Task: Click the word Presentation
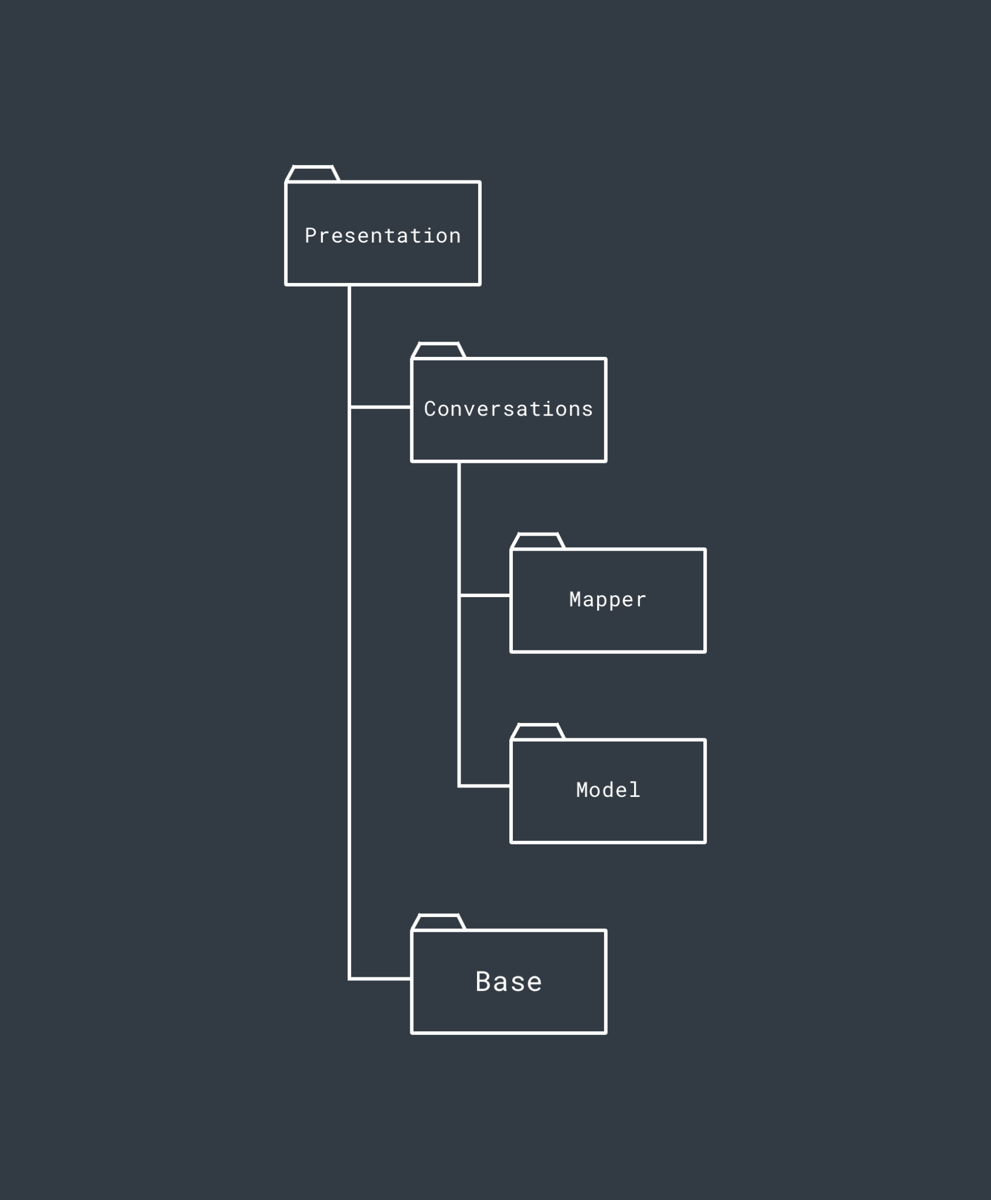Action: click(x=383, y=236)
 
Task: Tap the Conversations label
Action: click(x=508, y=409)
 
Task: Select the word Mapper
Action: click(x=608, y=599)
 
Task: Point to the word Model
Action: click(x=608, y=790)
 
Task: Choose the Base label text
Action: click(x=509, y=982)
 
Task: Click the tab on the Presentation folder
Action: click(x=313, y=174)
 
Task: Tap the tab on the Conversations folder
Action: click(x=439, y=350)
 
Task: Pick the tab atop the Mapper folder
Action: click(x=538, y=541)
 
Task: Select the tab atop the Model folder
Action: click(x=538, y=732)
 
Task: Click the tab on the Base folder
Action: click(x=439, y=922)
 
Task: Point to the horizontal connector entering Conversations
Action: click(x=380, y=407)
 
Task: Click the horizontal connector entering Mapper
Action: click(x=485, y=595)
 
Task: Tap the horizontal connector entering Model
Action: click(x=485, y=786)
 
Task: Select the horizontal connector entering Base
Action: click(x=380, y=979)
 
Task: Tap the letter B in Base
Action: click(x=483, y=982)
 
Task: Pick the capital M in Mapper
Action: click(x=576, y=599)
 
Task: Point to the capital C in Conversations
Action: click(x=430, y=409)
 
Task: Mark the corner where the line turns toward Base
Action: click(x=350, y=979)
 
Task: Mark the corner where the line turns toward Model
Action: click(x=459, y=786)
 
